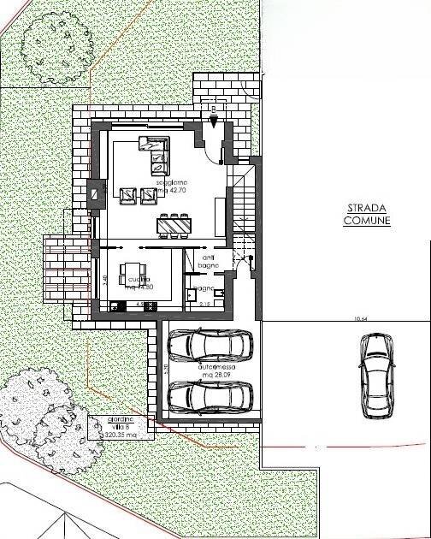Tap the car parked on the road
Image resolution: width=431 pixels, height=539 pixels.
tap(374, 374)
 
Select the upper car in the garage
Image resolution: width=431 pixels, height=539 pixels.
tap(210, 346)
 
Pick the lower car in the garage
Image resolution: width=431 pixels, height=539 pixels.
tap(210, 396)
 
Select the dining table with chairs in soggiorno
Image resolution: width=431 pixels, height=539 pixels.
tap(173, 224)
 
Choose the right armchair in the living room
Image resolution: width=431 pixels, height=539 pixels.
tap(148, 196)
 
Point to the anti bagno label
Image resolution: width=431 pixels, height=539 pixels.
tap(209, 261)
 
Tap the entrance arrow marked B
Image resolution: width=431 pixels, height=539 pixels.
tap(213, 110)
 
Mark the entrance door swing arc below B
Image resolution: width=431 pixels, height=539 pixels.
tap(216, 137)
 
